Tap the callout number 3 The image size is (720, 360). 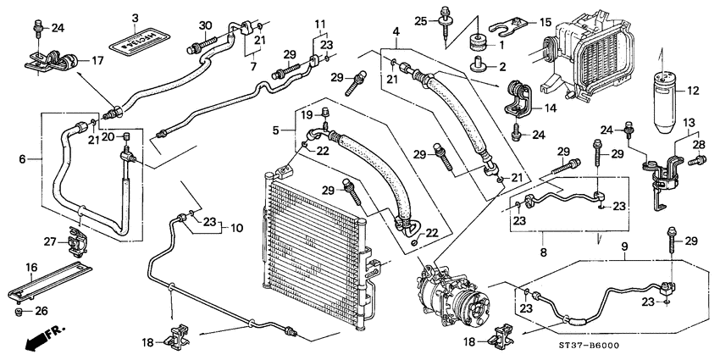click(135, 18)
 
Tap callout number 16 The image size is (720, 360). click(32, 267)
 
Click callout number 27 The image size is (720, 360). click(50, 242)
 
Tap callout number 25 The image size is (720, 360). click(422, 13)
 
